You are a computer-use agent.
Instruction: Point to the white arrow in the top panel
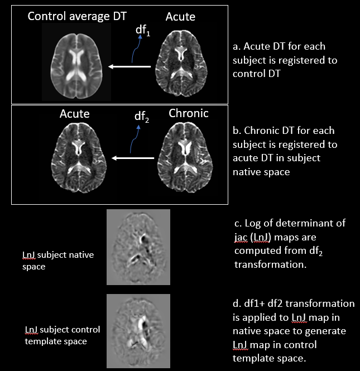coord(129,67)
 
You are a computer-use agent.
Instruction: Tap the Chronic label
coord(188,113)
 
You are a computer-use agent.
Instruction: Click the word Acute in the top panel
coord(180,17)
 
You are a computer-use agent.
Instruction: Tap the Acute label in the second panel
coord(75,114)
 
